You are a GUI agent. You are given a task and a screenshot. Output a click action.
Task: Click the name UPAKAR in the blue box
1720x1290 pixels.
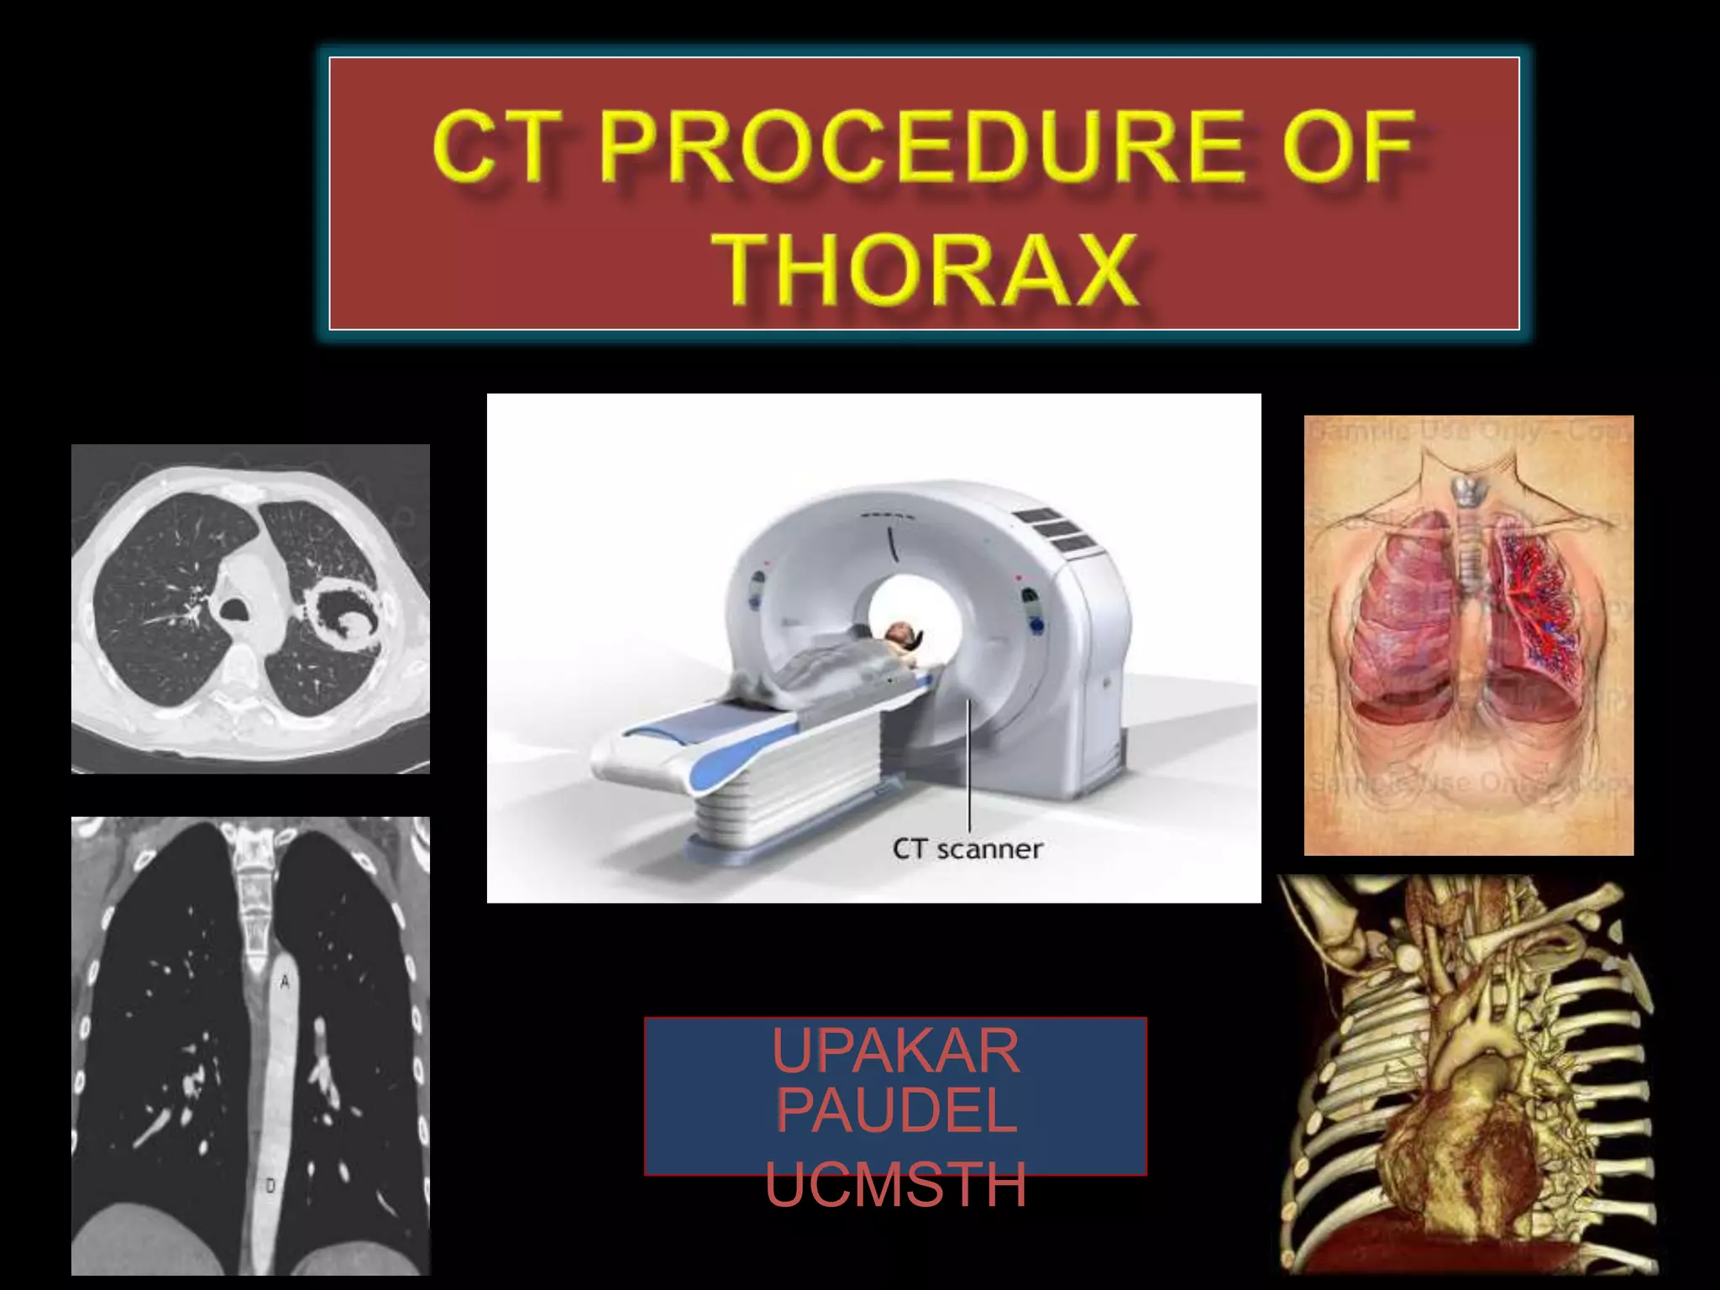pyautogui.click(x=895, y=1051)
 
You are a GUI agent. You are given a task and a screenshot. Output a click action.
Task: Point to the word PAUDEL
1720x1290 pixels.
pyautogui.click(x=895, y=1110)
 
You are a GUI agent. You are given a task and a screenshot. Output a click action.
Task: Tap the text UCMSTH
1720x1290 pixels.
pyautogui.click(x=895, y=1184)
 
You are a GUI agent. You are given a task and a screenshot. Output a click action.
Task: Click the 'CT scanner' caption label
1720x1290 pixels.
pyautogui.click(x=967, y=849)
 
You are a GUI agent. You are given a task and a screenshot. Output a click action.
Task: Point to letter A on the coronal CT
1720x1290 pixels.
pyautogui.click(x=285, y=981)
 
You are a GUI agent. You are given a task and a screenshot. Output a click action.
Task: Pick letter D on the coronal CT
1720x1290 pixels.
pyautogui.click(x=270, y=1186)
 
